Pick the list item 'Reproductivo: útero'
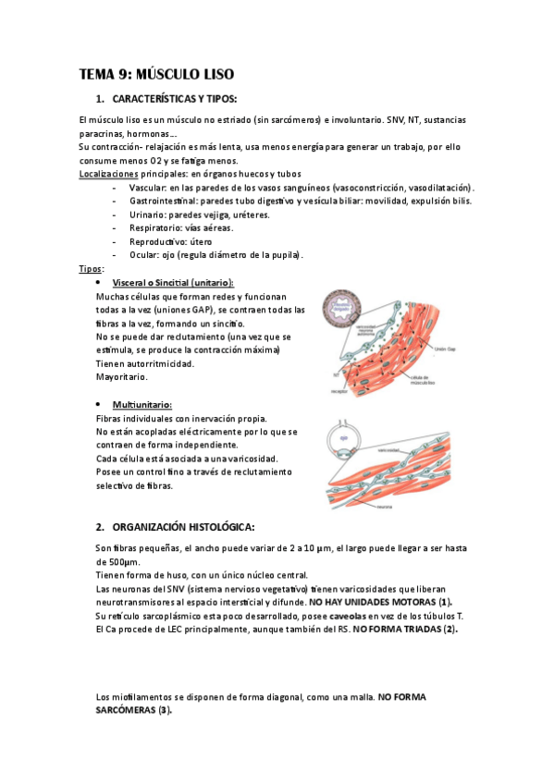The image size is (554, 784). tap(171, 241)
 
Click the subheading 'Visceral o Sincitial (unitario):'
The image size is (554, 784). tap(172, 282)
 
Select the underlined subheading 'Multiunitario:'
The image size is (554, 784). tap(142, 405)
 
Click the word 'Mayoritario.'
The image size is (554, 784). tap(121, 377)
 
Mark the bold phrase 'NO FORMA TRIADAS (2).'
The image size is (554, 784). tap(406, 630)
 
